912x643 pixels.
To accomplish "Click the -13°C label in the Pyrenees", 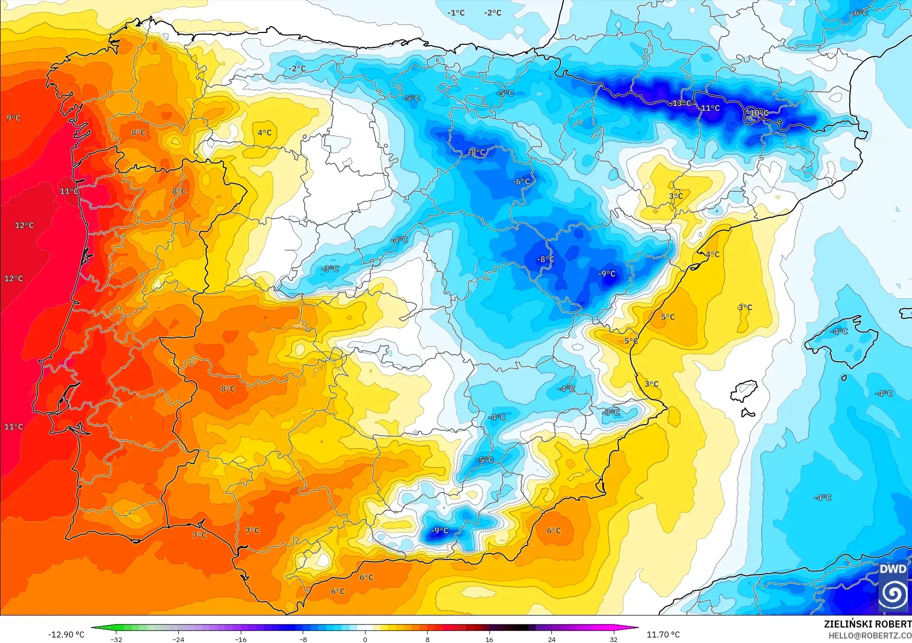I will (682, 103).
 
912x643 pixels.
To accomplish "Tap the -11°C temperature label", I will (710, 108).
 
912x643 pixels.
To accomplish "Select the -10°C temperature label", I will (758, 113).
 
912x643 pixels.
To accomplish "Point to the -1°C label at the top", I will (456, 12).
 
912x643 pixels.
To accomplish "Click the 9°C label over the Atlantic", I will (13, 118).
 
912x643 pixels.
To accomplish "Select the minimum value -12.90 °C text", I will (66, 635).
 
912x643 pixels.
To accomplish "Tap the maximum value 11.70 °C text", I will (663, 635).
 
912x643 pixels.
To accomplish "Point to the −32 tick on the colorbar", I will (116, 639).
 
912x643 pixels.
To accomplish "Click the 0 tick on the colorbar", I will (365, 639).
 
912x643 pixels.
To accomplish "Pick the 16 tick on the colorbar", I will (489, 639).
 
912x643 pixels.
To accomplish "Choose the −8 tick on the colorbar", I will (303, 639).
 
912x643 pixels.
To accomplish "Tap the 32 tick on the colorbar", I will (613, 639).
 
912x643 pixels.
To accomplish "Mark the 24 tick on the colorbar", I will (551, 639).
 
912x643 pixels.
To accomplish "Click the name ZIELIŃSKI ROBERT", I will (867, 624).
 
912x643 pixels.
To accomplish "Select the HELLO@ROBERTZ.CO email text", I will (870, 636).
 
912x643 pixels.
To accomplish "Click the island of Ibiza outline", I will (744, 390).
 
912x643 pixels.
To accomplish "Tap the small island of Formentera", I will (747, 413).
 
